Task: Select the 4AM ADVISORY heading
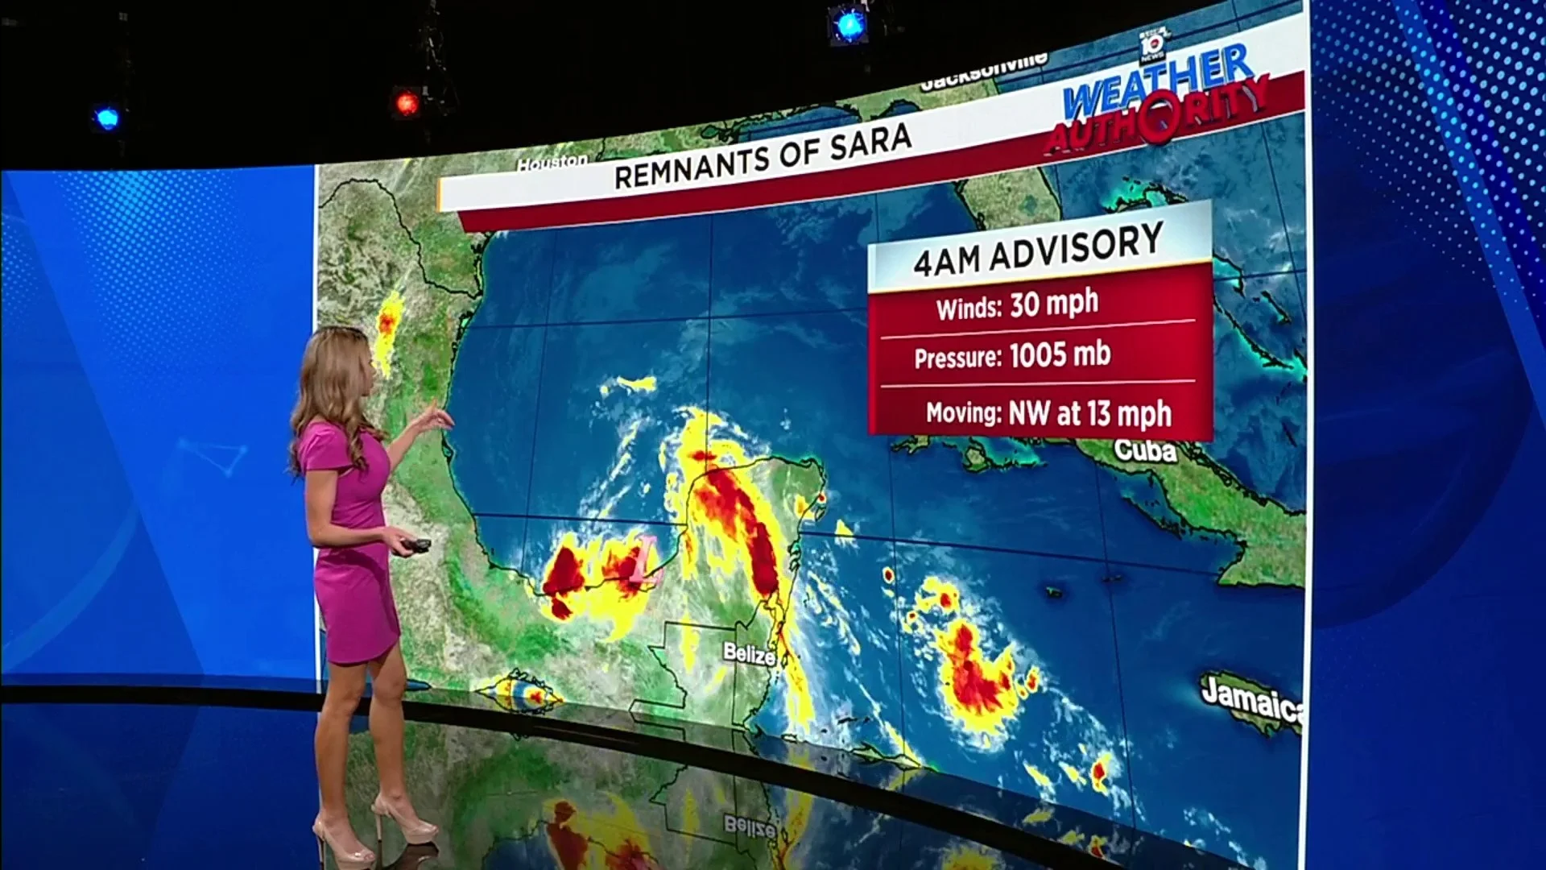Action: (x=1038, y=249)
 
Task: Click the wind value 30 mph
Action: (x=1054, y=304)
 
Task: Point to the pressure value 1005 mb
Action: (x=1060, y=354)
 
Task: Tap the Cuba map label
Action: (x=1145, y=450)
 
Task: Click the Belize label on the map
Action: (x=749, y=654)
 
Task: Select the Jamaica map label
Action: (x=1250, y=698)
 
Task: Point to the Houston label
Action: (x=552, y=162)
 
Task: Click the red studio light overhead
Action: (x=407, y=103)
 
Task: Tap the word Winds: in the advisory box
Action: (x=969, y=308)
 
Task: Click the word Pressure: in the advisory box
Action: (x=957, y=358)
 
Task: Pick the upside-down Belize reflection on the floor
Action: (x=750, y=826)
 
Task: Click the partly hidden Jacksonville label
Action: (x=983, y=71)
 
